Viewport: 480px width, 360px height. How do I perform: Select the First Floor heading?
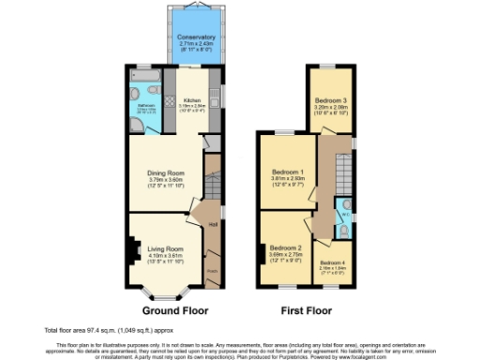(x=307, y=309)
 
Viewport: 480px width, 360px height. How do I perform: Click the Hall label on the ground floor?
(x=213, y=222)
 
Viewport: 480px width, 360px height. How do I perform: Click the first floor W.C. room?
(x=344, y=211)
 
